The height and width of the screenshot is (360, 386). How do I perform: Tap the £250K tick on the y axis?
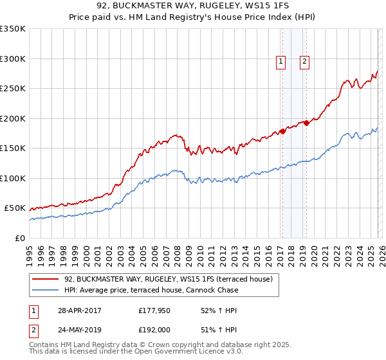pyautogui.click(x=13, y=89)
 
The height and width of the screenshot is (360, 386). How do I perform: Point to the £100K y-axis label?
pyautogui.click(x=13, y=178)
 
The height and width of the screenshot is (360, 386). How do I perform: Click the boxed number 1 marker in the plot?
pyautogui.click(x=281, y=62)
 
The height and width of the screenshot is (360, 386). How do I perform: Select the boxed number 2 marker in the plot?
pyautogui.click(x=304, y=62)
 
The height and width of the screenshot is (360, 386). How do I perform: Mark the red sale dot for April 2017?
pyautogui.click(x=282, y=132)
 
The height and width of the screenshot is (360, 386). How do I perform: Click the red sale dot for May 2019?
pyautogui.click(x=306, y=123)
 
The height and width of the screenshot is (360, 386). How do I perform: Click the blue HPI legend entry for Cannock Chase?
pyautogui.click(x=151, y=290)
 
